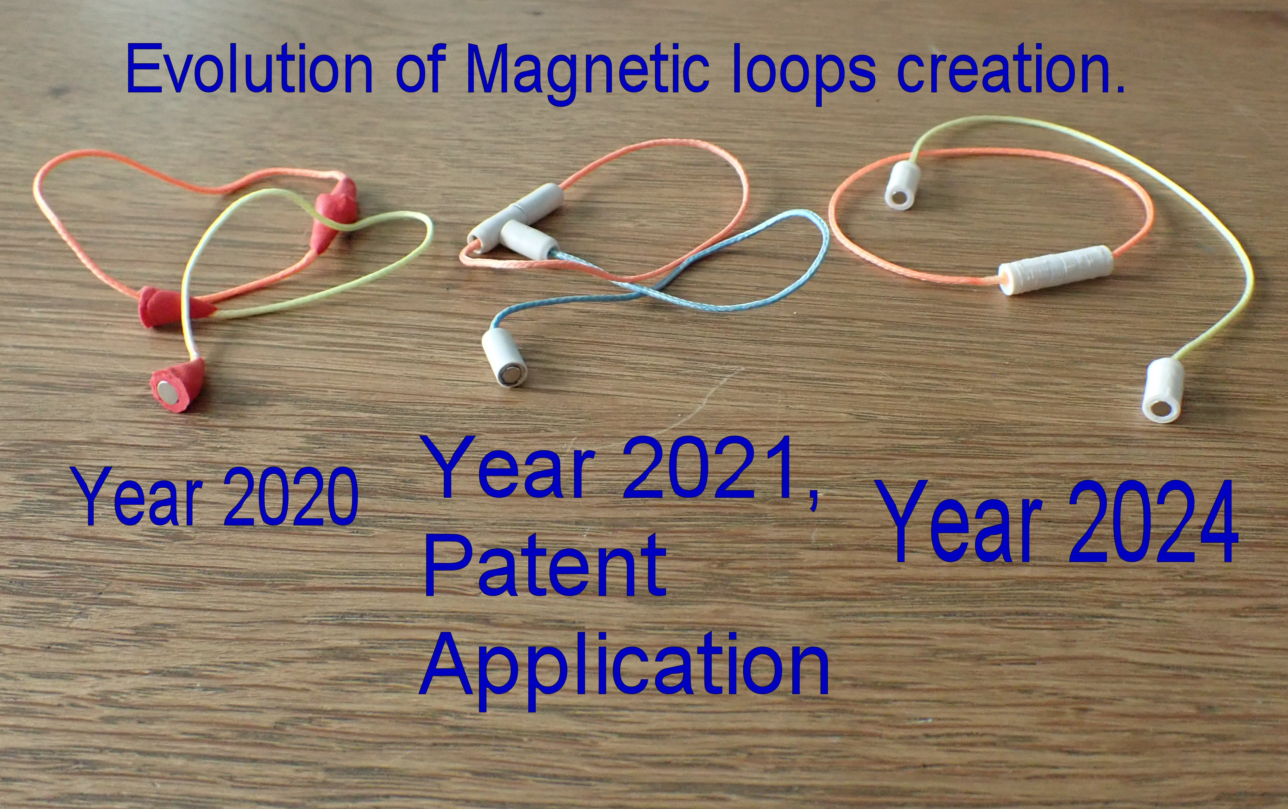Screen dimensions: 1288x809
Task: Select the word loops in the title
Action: (804, 74)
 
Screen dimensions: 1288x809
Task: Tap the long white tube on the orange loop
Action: (1056, 270)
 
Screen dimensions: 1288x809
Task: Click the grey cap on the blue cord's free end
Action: (504, 357)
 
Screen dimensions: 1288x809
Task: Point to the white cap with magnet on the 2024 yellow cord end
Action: (1163, 391)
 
